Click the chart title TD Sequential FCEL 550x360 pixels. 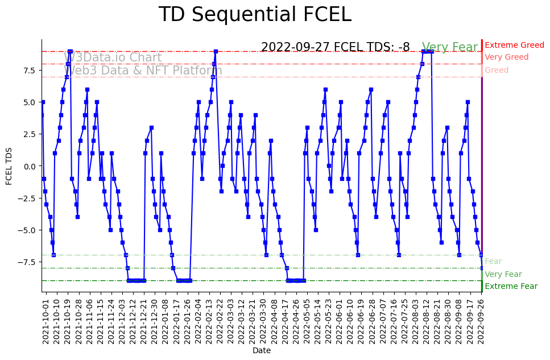click(255, 15)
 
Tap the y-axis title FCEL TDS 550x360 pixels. click(9, 166)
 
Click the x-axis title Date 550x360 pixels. click(262, 351)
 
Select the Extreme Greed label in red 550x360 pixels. click(514, 45)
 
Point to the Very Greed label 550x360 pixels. click(506, 57)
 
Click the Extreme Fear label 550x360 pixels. click(511, 287)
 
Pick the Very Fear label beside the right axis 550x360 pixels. click(503, 274)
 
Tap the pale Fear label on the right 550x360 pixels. click(493, 262)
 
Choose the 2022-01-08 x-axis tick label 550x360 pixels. click(166, 321)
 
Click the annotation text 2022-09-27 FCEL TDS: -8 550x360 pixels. click(335, 47)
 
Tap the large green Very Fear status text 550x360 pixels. click(450, 48)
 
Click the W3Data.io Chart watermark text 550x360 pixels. click(113, 57)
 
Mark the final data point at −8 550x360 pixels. click(482, 268)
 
